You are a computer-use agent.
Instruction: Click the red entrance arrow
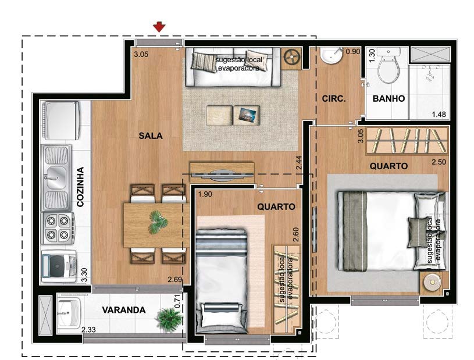pos(159,26)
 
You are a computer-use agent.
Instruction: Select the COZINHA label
pos(81,188)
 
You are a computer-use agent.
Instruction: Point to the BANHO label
pos(389,99)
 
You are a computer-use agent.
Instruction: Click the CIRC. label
pos(334,99)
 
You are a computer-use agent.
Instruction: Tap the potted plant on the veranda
pos(169,318)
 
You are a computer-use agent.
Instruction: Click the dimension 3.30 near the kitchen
pos(85,275)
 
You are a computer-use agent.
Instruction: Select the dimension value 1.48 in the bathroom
pos(439,115)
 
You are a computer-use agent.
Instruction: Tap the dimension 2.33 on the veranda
pos(89,330)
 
